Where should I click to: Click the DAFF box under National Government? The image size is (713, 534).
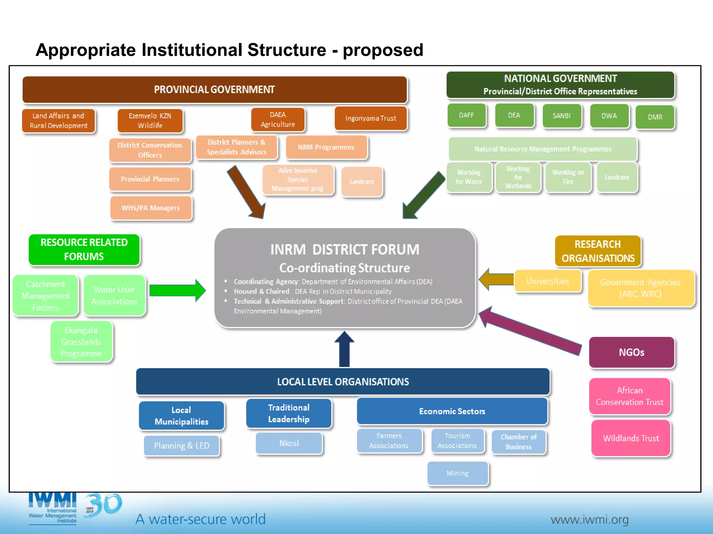(x=466, y=115)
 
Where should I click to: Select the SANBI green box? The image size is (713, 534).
(x=562, y=116)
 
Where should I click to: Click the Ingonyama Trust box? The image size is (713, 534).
(x=370, y=119)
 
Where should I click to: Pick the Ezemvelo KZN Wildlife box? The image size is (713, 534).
(x=150, y=121)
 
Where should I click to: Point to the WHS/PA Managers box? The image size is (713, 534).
(x=151, y=208)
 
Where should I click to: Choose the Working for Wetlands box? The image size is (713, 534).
(x=518, y=178)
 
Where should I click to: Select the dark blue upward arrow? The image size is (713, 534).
(x=344, y=349)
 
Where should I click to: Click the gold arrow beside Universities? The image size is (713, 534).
(x=496, y=279)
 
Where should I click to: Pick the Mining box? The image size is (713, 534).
(x=457, y=474)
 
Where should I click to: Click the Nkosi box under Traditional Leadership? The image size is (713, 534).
(x=289, y=443)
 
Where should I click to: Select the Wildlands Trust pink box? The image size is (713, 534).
(x=631, y=438)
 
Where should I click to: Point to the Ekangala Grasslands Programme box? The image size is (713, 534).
(x=81, y=342)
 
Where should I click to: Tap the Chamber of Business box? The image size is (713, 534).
(x=518, y=442)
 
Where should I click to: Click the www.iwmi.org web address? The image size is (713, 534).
(x=589, y=520)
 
